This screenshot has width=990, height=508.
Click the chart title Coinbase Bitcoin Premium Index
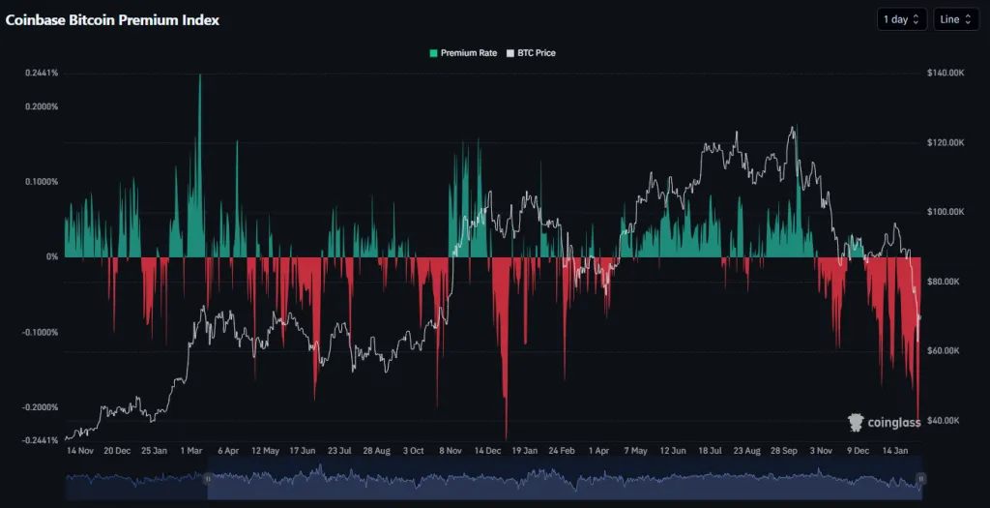click(112, 19)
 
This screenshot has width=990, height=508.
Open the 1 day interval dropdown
click(901, 19)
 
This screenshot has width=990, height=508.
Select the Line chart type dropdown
click(955, 19)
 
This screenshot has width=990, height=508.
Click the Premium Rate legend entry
click(463, 53)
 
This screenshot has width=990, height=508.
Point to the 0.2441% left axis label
click(43, 73)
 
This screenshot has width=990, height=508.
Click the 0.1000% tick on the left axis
click(43, 182)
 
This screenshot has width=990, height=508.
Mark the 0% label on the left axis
click(52, 256)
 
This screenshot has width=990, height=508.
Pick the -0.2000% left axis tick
click(41, 407)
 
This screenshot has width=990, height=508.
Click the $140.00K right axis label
click(946, 73)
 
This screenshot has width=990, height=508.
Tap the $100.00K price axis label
click(946, 212)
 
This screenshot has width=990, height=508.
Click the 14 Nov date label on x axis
click(79, 451)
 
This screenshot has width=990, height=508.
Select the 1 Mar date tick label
click(189, 451)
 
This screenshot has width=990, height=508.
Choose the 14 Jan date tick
click(894, 451)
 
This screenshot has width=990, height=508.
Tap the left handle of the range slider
click(207, 478)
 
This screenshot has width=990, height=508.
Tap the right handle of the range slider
click(921, 478)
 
